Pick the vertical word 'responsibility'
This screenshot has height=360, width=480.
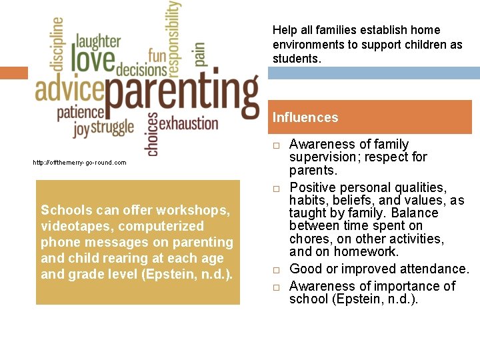tap(173, 37)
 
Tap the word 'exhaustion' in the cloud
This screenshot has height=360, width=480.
tap(189, 123)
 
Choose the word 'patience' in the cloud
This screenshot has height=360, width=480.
tap(81, 112)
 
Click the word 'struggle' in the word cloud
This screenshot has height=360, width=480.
tap(112, 127)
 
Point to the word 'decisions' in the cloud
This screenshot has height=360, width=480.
tap(141, 69)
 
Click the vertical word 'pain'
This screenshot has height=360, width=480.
tap(199, 55)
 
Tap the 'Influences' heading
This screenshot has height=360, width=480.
tap(305, 117)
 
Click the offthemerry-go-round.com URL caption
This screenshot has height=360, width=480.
tap(79, 162)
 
